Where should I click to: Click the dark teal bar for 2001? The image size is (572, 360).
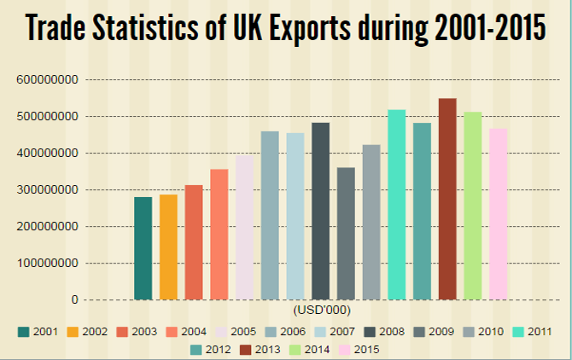click(x=143, y=248)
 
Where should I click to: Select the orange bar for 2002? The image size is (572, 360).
click(x=168, y=247)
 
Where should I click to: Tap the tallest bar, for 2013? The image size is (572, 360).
click(x=447, y=200)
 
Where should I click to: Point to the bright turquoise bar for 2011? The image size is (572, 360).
click(x=396, y=205)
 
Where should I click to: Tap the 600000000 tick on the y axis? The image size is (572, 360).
click(x=48, y=79)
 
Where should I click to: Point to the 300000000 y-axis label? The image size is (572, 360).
click(x=48, y=189)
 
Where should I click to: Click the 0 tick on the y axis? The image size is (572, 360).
click(x=75, y=299)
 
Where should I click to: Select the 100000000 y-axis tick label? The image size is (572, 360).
click(x=48, y=263)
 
